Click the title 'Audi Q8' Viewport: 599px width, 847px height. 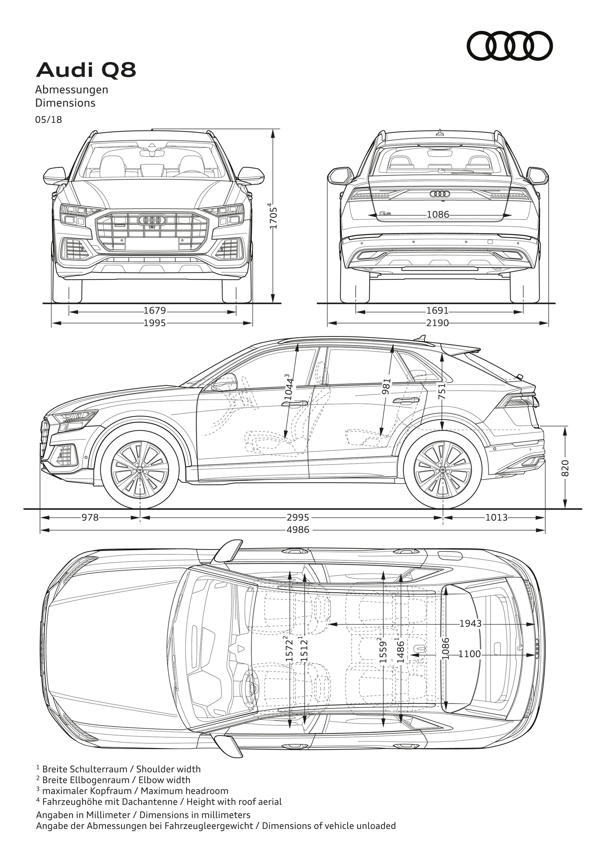tap(86, 70)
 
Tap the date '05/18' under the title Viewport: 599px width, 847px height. tap(49, 120)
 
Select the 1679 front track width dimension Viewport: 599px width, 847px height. tap(155, 311)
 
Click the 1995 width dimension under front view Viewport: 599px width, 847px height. tap(155, 323)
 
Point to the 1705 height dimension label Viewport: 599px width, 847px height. tap(273, 216)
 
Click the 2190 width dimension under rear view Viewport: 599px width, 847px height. tap(438, 323)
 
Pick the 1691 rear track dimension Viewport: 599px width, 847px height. tap(438, 311)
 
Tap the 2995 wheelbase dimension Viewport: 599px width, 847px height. tap(298, 518)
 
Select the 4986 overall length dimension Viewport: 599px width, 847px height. tap(298, 530)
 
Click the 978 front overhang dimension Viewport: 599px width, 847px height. tap(90, 518)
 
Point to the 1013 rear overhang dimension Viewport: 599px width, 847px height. tap(496, 518)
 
